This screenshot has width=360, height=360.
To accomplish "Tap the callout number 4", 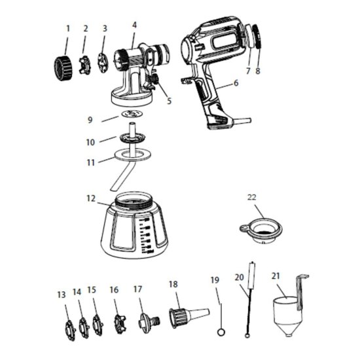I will tap(134, 25).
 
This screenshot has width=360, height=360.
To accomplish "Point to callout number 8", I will tap(258, 70).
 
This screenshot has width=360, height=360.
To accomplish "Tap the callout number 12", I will tap(92, 198).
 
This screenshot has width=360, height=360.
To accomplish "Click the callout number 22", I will tap(252, 196).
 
